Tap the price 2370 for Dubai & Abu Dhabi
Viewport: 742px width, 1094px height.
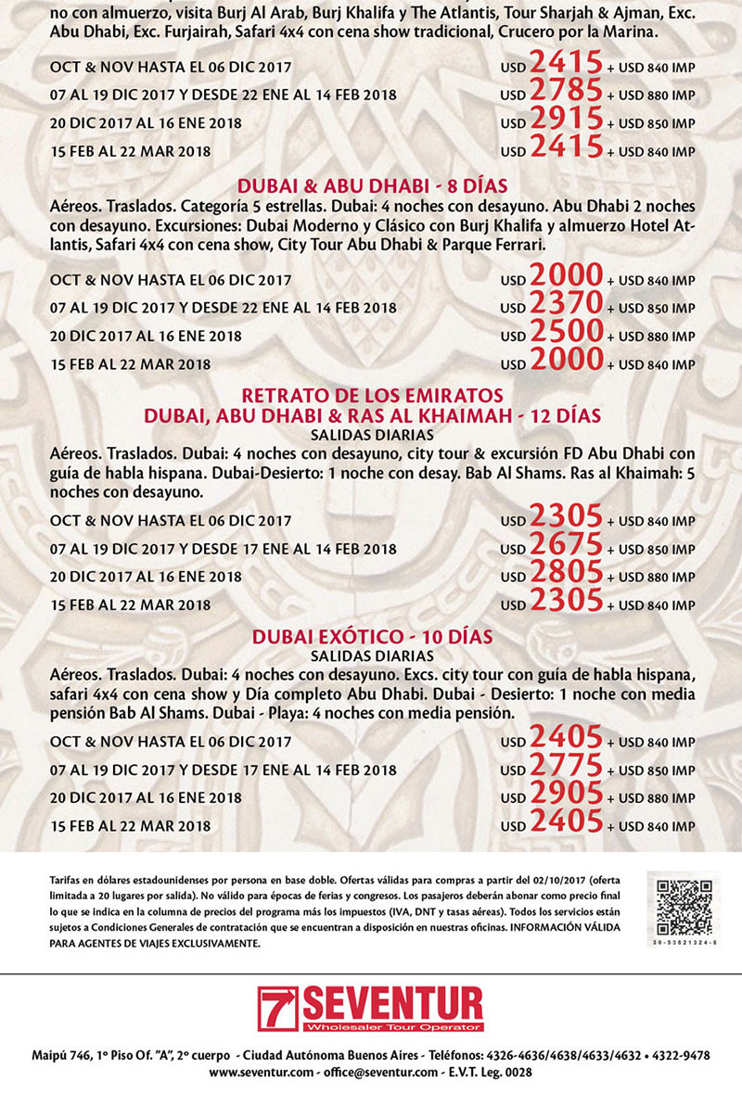tap(566, 306)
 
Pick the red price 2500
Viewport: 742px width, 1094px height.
tap(566, 335)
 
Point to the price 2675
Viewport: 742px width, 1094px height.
tap(566, 547)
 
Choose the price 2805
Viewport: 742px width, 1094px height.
tap(566, 575)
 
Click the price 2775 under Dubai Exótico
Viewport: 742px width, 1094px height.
tap(566, 769)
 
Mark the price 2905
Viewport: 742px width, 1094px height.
tap(566, 796)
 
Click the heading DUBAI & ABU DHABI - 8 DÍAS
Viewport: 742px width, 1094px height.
tap(372, 184)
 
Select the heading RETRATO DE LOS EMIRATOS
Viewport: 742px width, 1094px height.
tap(372, 398)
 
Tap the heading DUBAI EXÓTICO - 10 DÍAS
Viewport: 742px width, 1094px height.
tap(372, 637)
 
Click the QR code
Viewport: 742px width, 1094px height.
tap(684, 905)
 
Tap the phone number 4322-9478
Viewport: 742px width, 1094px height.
tap(676, 1055)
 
